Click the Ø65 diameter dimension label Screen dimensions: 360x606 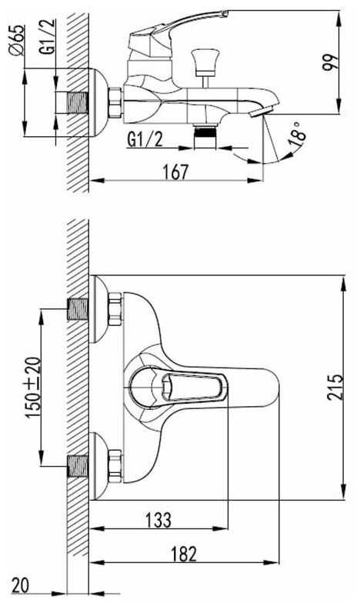[x=18, y=41]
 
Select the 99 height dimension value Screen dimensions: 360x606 [x=330, y=62]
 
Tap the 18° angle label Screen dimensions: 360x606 [x=297, y=134]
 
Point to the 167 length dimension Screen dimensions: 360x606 [x=175, y=171]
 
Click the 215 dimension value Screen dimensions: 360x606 [x=335, y=387]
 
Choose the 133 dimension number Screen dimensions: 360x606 [x=158, y=520]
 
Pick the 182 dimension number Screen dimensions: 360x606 [x=183, y=554]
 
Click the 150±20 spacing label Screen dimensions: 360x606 [x=33, y=388]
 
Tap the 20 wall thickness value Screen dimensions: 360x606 [x=20, y=585]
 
